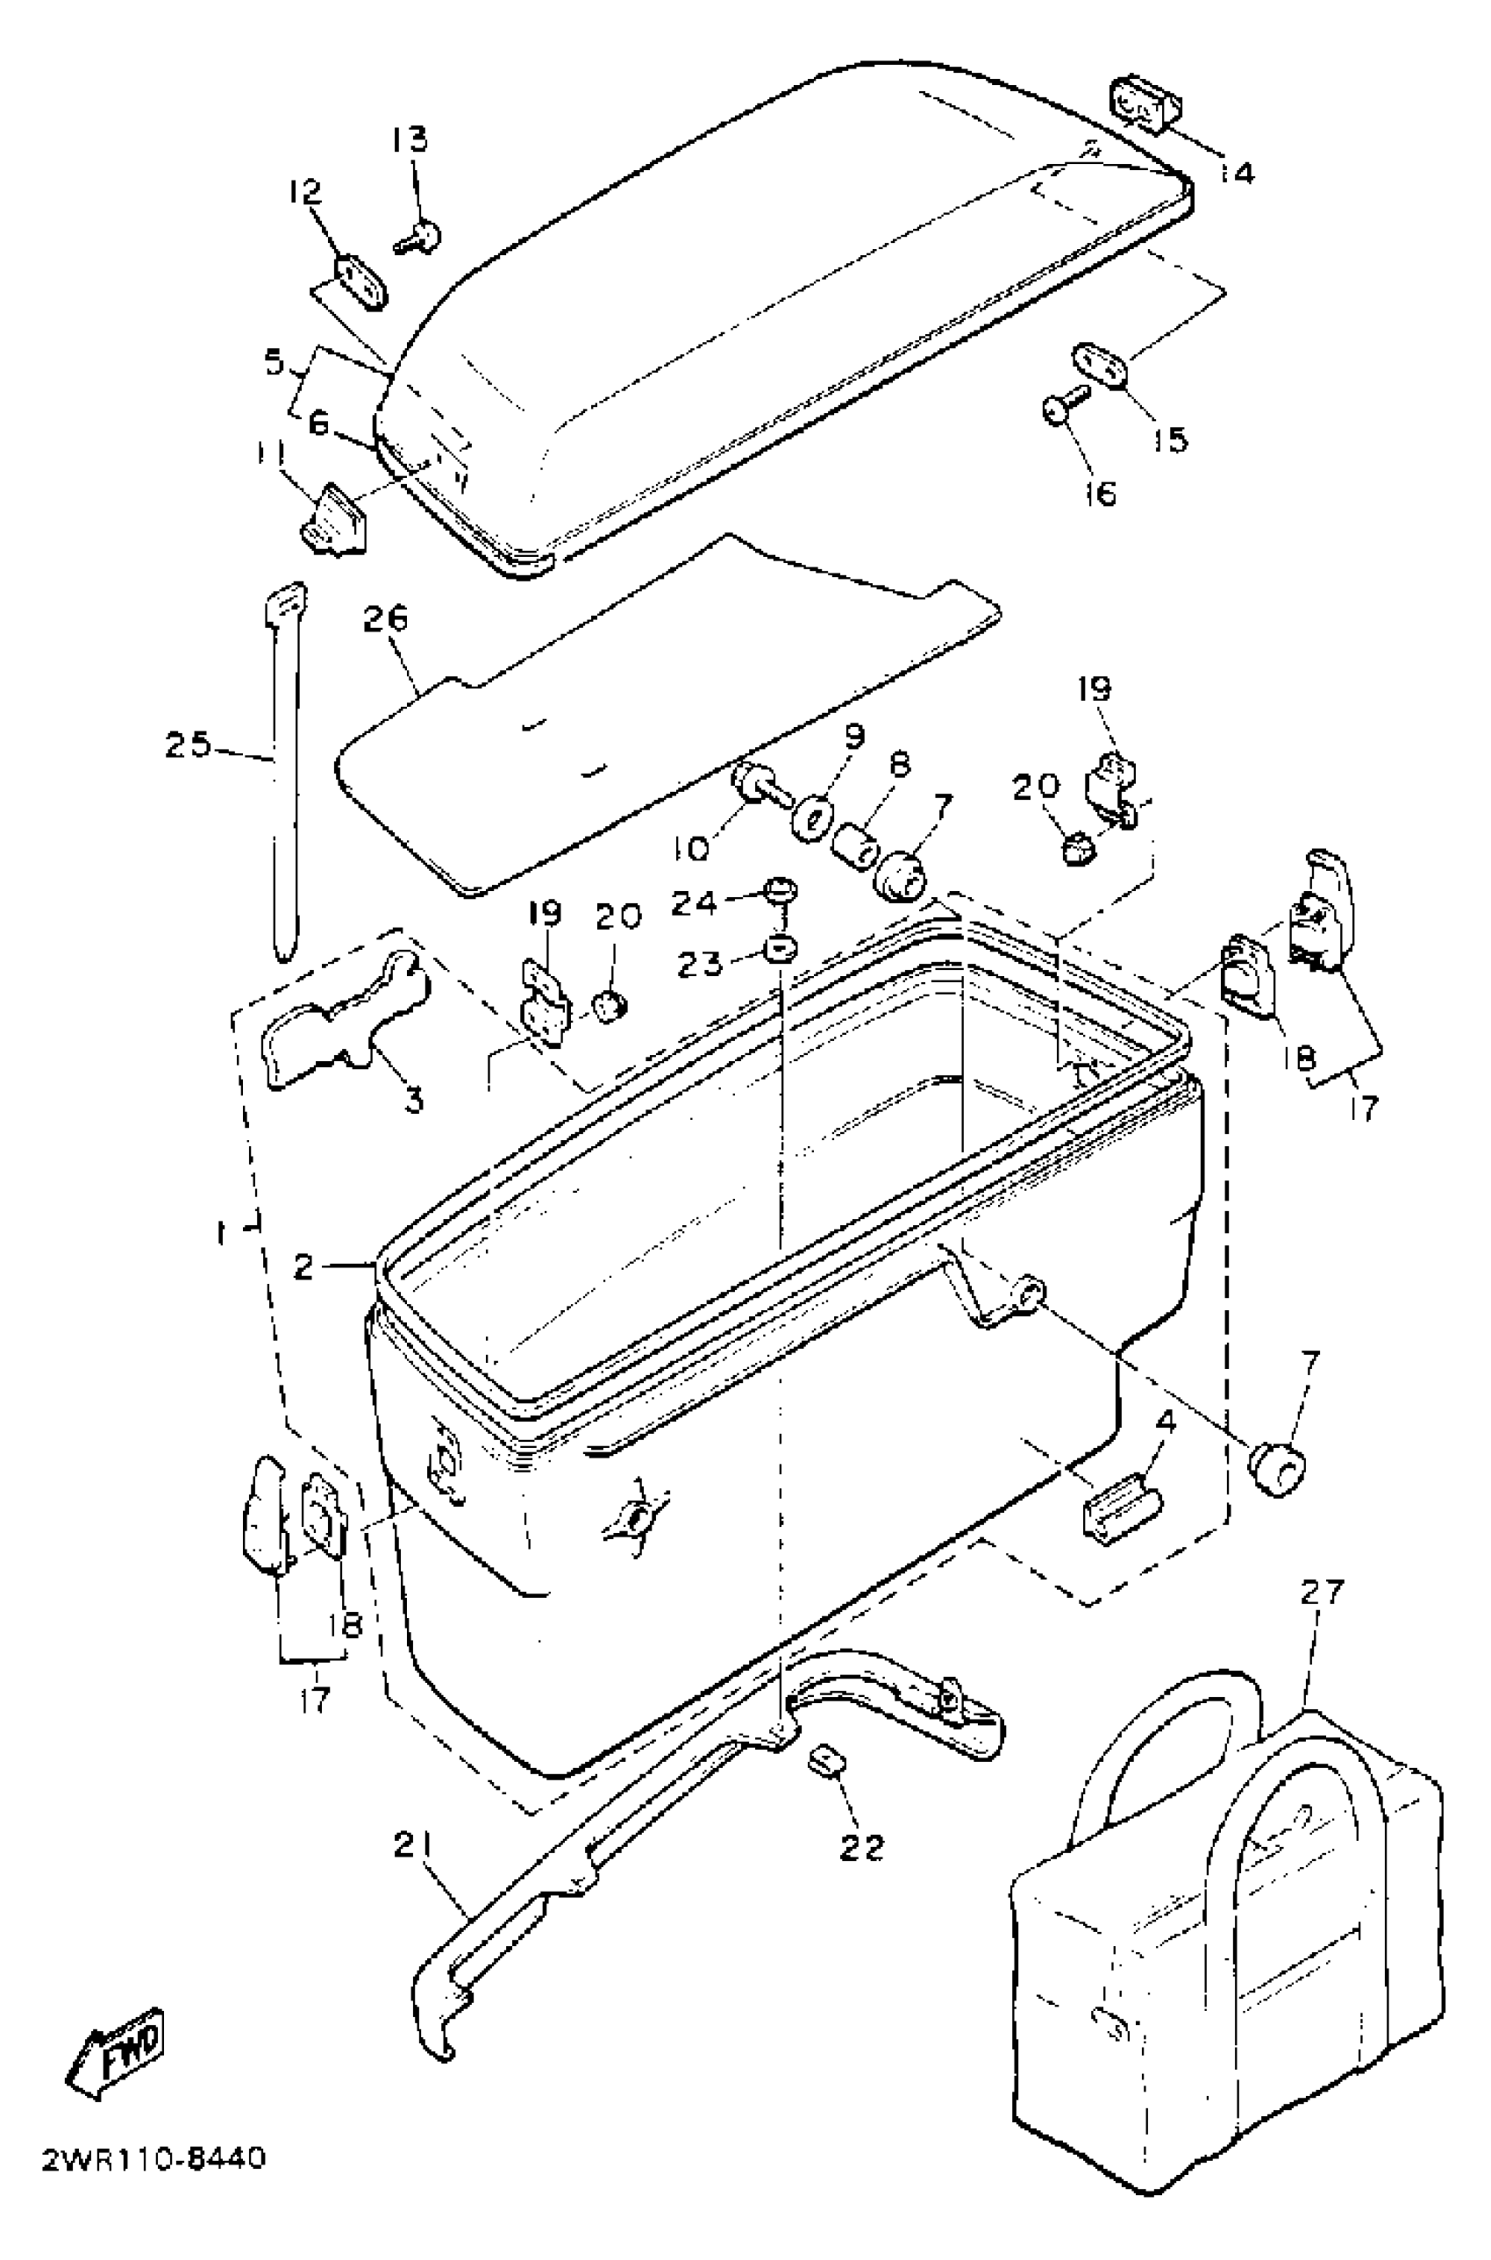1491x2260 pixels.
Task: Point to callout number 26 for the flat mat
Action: coord(385,619)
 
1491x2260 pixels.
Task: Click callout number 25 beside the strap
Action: coord(188,745)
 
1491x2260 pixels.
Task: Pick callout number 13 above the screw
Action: coord(410,139)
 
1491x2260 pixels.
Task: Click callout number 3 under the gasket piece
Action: coord(414,1101)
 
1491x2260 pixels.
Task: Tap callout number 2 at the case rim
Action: coord(304,1266)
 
